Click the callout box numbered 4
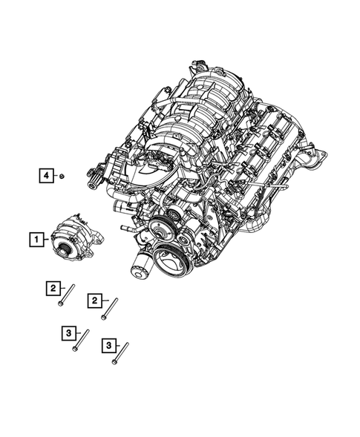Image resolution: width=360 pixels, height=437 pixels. coord(47,176)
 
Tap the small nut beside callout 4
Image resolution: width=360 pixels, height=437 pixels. coord(64,176)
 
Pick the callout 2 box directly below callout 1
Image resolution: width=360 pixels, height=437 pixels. coord(53,288)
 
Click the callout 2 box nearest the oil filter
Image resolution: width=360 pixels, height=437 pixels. coord(95,300)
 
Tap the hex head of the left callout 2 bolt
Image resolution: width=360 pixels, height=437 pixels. coord(59,304)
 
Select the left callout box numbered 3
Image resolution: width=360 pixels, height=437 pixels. coord(68,334)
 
